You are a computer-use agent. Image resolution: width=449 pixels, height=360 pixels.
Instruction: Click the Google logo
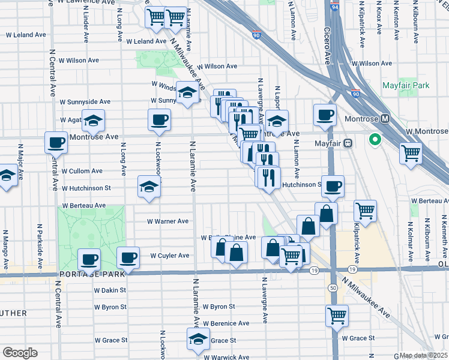(x=19, y=353)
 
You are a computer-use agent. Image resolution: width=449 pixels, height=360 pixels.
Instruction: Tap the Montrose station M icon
(x=385, y=119)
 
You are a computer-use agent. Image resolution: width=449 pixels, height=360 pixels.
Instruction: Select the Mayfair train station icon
(x=347, y=143)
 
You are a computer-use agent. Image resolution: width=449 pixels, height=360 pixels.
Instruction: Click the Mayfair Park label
(x=406, y=86)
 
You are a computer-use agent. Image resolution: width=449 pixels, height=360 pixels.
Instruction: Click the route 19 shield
(x=314, y=271)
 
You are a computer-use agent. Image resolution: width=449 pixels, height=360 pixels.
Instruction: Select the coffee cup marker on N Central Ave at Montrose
(x=56, y=143)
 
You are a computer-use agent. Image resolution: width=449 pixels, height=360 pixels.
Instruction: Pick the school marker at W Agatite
(x=93, y=121)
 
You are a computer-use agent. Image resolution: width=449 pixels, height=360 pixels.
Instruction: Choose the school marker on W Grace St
(x=198, y=338)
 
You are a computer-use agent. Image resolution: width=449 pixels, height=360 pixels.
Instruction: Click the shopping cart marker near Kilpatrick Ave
(x=365, y=211)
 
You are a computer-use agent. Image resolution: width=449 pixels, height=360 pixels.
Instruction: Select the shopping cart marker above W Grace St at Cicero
(x=337, y=314)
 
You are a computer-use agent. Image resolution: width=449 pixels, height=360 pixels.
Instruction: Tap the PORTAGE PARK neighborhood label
(x=92, y=274)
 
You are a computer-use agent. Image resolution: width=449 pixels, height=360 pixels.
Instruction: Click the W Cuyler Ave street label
(x=169, y=256)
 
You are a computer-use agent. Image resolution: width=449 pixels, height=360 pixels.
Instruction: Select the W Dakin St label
(x=109, y=290)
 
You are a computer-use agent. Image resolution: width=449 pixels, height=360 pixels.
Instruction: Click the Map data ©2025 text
(x=423, y=355)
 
